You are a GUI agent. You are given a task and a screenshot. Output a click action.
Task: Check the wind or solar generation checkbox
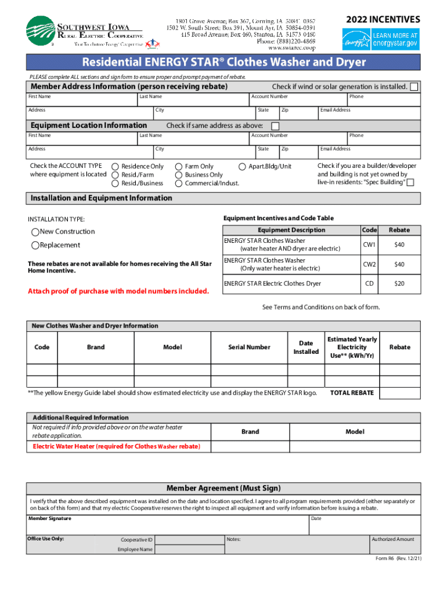[414, 87]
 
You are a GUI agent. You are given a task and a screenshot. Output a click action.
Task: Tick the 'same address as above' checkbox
[275, 126]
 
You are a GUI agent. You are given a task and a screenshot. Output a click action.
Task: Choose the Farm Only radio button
[179, 167]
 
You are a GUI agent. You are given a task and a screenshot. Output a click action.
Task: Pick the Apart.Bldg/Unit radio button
[243, 167]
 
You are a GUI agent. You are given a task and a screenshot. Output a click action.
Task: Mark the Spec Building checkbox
[410, 183]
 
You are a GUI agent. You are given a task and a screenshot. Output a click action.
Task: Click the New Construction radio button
[35, 232]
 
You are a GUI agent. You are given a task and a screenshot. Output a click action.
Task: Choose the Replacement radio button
[35, 245]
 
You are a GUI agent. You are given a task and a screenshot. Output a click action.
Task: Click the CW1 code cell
[369, 245]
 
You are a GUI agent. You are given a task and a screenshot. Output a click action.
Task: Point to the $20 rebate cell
[399, 284]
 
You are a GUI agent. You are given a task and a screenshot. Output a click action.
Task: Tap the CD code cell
[369, 284]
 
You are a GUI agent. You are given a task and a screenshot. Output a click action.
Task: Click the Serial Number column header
[249, 347]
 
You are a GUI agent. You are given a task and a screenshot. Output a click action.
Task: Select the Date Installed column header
[306, 347]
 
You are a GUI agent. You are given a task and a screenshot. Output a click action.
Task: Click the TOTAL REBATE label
[352, 393]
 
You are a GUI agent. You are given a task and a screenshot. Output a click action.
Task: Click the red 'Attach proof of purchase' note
[118, 291]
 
